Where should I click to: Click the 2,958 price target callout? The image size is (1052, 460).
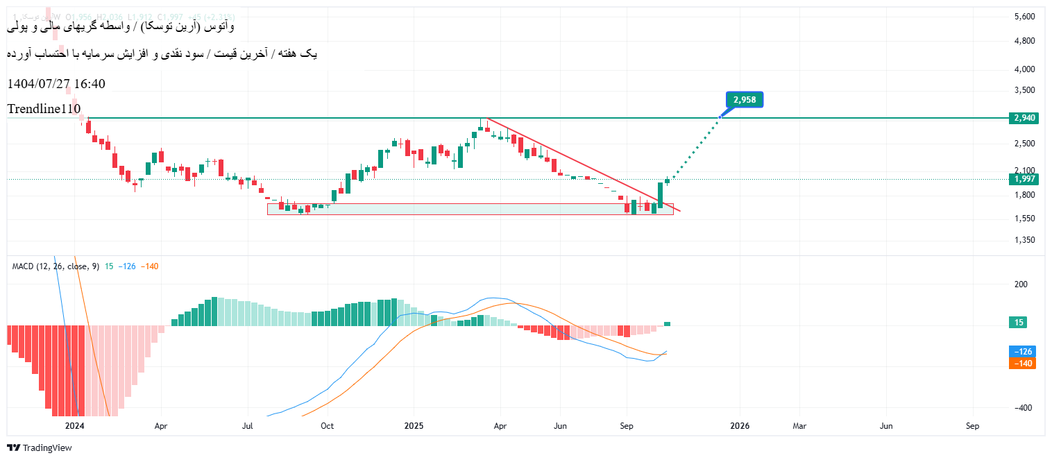coord(745,100)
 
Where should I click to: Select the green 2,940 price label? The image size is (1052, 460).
coord(1024,118)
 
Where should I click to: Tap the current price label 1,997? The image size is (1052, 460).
coord(1024,179)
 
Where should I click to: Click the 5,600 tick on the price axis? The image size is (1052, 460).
coord(1024,17)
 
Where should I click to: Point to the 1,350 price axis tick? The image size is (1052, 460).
coord(1024,240)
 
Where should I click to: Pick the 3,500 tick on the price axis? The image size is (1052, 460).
coord(1024,90)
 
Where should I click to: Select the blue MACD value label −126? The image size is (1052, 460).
coord(1023,352)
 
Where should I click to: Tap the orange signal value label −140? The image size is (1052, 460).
coord(1023,363)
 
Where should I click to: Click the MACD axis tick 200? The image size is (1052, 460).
coord(1021,284)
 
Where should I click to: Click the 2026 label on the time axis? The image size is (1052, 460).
coord(740,426)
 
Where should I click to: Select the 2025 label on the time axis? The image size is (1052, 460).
coord(414,426)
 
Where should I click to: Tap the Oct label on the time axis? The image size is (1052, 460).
coord(328,426)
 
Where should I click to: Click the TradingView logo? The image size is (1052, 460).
coord(40,448)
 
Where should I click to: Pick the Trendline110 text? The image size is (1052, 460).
coord(44,109)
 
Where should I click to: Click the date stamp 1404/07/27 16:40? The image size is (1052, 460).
coord(56,84)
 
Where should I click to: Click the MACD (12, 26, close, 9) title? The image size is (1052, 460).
coord(56,266)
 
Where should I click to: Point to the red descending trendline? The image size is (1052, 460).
coord(583,163)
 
